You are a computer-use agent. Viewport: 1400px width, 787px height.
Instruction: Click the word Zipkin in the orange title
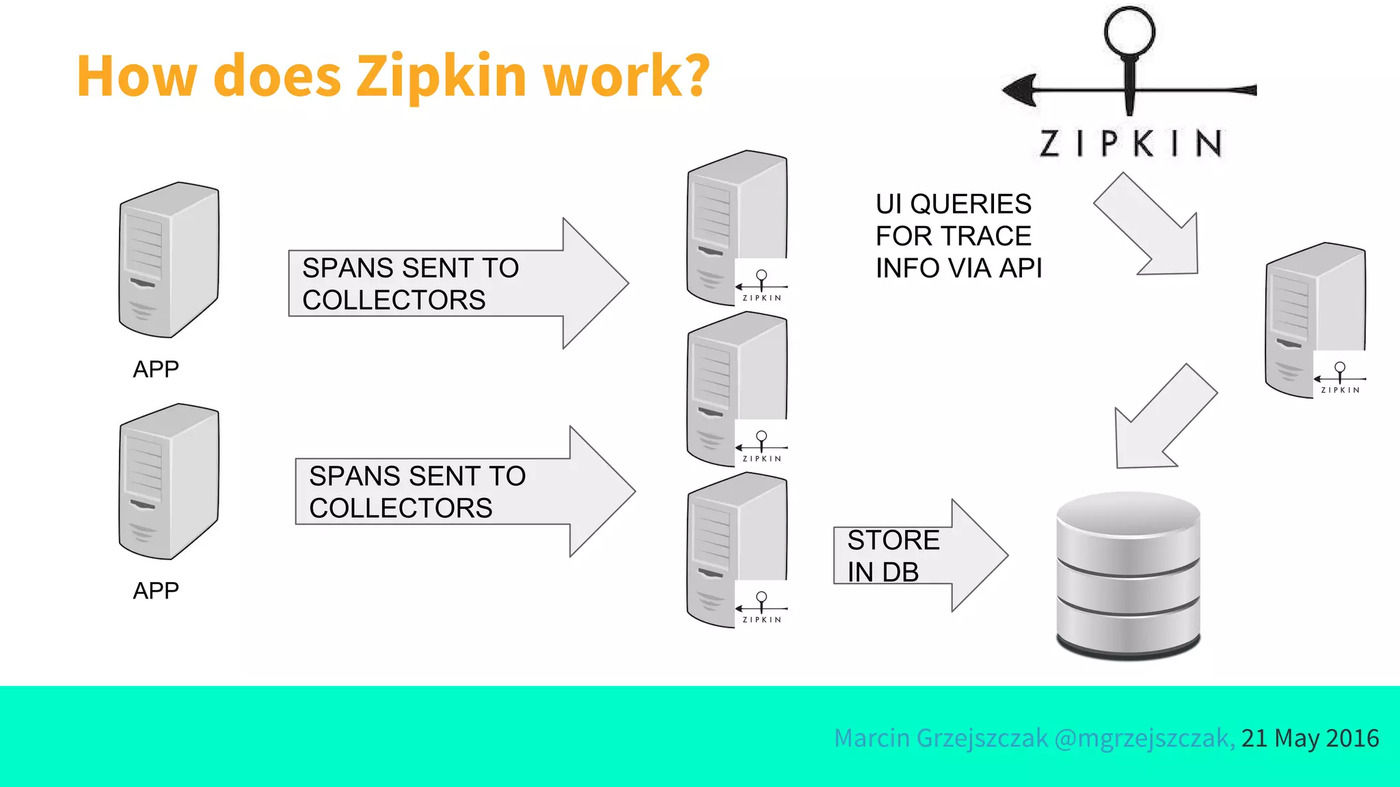click(442, 75)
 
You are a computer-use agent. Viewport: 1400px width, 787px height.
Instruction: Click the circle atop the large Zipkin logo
click(1129, 31)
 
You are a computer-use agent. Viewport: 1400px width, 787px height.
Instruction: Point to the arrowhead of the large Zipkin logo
click(1021, 89)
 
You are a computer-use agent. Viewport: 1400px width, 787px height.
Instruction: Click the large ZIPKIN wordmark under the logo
click(1131, 144)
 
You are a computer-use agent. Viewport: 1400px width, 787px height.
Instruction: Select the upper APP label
click(156, 369)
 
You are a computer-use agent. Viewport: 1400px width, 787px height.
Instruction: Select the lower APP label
click(156, 590)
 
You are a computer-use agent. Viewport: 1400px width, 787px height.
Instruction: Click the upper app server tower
click(169, 260)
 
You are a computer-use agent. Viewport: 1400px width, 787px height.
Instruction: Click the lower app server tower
click(169, 481)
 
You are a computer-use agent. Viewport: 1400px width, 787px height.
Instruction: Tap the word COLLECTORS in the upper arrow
click(394, 300)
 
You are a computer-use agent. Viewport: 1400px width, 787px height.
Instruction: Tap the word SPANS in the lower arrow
click(355, 476)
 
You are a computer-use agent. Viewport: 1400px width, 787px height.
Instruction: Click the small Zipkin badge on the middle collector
click(762, 445)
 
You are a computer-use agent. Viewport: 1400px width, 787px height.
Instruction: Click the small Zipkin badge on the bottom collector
click(762, 605)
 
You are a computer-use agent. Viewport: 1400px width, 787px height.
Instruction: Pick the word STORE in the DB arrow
click(893, 540)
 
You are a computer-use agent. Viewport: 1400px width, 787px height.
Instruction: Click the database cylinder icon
click(1128, 575)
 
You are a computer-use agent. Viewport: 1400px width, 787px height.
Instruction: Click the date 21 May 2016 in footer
click(1310, 738)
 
